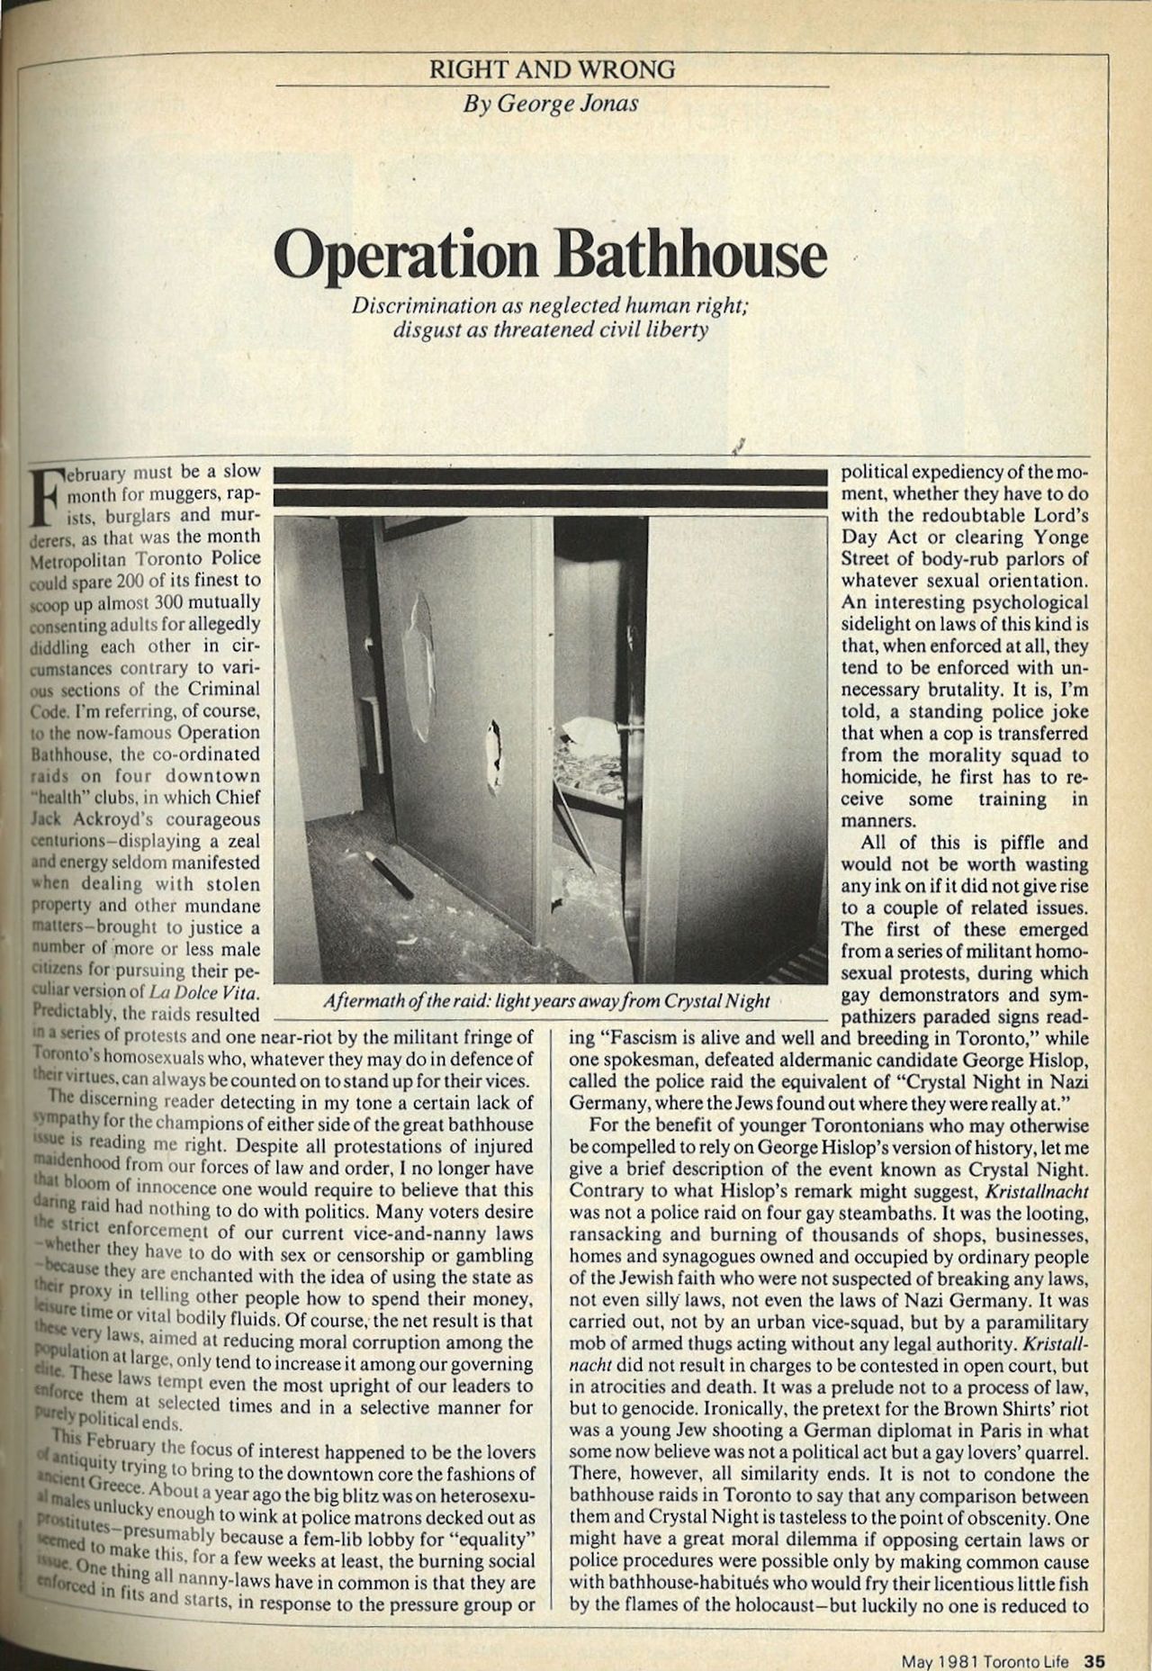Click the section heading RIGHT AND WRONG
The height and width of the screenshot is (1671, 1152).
click(551, 69)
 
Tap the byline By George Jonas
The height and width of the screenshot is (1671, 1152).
click(550, 103)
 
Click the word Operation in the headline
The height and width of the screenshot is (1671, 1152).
click(408, 257)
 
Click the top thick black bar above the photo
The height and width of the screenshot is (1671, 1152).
click(550, 474)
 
